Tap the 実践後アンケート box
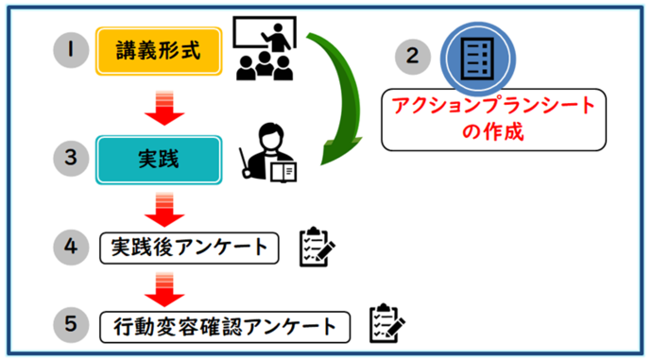(x=190, y=247)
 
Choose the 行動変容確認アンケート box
(x=225, y=326)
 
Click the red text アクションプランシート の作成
(x=493, y=118)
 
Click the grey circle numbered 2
(x=411, y=56)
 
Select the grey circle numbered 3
(x=70, y=160)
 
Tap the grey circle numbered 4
(x=70, y=247)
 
